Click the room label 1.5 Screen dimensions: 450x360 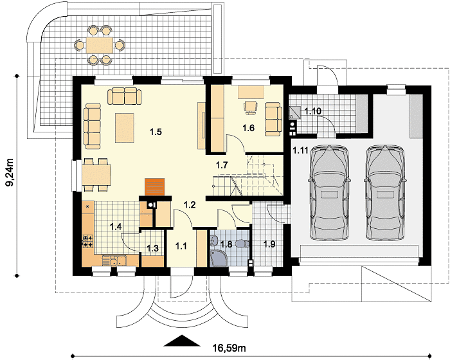156,132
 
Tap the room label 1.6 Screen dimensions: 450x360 249,128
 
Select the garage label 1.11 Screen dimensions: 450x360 300,150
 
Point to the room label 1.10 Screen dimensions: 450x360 312,111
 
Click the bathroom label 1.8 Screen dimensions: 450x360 226,244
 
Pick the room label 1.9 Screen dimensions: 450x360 269,244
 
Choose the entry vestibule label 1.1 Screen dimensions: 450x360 181,246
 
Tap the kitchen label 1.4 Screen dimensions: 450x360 116,227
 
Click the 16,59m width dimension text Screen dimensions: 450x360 229,348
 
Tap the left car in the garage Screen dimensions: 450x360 329,193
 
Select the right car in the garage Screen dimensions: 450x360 386,193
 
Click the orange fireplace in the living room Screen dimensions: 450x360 155,187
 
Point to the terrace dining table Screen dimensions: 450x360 99,45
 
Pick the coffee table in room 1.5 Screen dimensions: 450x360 125,128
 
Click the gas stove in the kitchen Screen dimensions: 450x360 88,241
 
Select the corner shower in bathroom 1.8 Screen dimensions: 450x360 217,258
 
